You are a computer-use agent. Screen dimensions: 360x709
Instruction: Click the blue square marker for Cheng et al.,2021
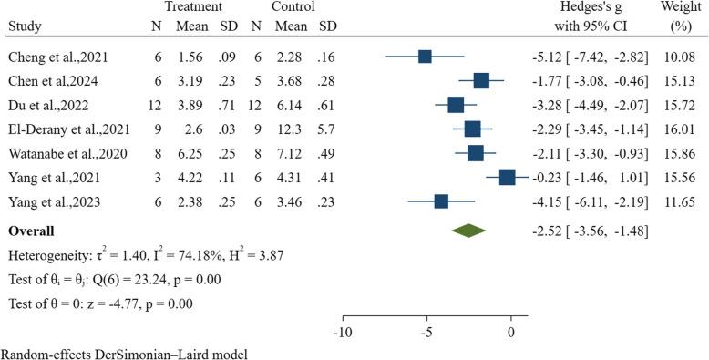point(426,57)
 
